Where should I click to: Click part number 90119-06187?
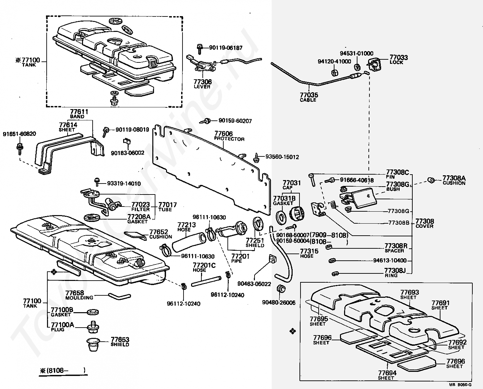tap(226, 48)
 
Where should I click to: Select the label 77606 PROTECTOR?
tap(229, 136)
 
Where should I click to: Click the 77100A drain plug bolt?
tap(93, 327)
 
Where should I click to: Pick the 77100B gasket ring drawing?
tap(93, 312)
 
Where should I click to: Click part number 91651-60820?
tap(19, 134)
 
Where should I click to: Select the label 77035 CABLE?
tap(309, 97)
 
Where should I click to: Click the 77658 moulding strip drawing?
tap(119, 296)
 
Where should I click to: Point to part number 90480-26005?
tap(279, 303)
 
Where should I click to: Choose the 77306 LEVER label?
tap(202, 84)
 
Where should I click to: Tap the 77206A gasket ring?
tap(92, 217)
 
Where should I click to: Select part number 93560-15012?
tap(282, 157)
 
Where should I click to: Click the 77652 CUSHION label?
tap(161, 234)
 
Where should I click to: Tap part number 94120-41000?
tap(334, 61)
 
